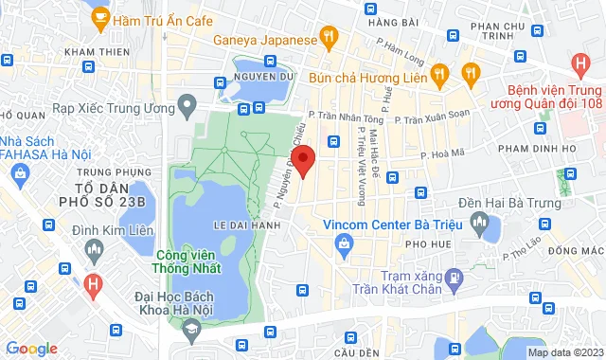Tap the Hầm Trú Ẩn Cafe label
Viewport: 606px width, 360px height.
tap(161, 20)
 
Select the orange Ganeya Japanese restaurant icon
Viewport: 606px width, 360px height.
tap(329, 39)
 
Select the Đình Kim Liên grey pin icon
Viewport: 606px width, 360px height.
tap(93, 248)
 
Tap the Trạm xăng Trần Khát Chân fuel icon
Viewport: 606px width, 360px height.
tap(454, 277)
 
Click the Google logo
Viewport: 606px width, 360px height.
tap(30, 349)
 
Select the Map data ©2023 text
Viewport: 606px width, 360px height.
tap(564, 352)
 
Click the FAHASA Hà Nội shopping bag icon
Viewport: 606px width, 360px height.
tap(19, 171)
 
